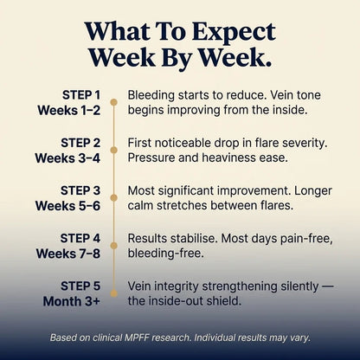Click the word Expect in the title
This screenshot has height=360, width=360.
click(234, 32)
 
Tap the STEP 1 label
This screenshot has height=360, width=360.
click(81, 95)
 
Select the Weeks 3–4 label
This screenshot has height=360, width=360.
click(67, 158)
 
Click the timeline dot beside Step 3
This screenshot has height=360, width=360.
click(114, 198)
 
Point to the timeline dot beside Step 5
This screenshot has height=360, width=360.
click(114, 293)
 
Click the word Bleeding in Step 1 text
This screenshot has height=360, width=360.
click(151, 96)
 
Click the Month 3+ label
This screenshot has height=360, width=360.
click(71, 301)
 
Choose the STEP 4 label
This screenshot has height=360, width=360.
click(80, 238)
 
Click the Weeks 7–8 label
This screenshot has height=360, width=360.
click(68, 254)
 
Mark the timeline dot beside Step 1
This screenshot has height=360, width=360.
click(114, 102)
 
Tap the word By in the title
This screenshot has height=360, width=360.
click(177, 58)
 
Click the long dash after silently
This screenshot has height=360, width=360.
click(328, 286)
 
